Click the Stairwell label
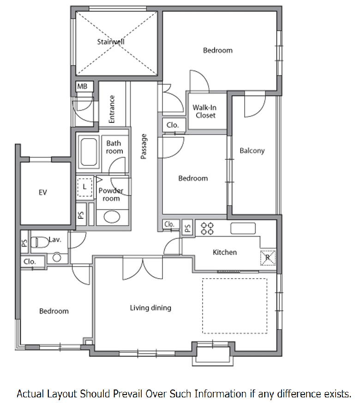coord(110,42)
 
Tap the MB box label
coord(82,86)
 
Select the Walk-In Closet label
coord(204,111)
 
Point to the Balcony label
coord(252,151)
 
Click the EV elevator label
coord(43,193)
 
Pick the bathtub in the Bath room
coord(89,152)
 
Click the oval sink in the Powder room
coord(112,217)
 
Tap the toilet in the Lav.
coord(40,242)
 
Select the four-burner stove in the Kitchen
coord(207,229)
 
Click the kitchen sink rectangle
coord(243,228)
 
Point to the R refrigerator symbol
coord(268,258)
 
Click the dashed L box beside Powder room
coord(84,187)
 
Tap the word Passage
coord(144,146)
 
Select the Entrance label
coord(112,109)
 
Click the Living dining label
coord(150,308)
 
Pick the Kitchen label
coord(225,252)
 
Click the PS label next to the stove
coord(187,228)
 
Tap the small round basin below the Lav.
coord(57,257)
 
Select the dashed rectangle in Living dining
coord(235,306)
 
